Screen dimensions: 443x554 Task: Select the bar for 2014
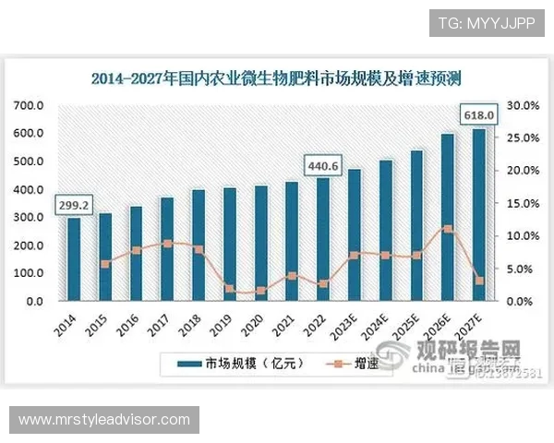73,259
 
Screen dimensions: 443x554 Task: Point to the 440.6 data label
323,165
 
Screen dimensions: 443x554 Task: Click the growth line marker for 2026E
447,228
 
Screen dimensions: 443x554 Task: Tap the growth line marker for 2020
260,291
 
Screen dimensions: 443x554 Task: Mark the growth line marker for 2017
166,244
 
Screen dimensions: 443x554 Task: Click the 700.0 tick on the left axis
29,105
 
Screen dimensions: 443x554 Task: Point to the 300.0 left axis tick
29,218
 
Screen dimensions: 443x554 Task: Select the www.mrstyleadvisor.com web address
104,420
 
